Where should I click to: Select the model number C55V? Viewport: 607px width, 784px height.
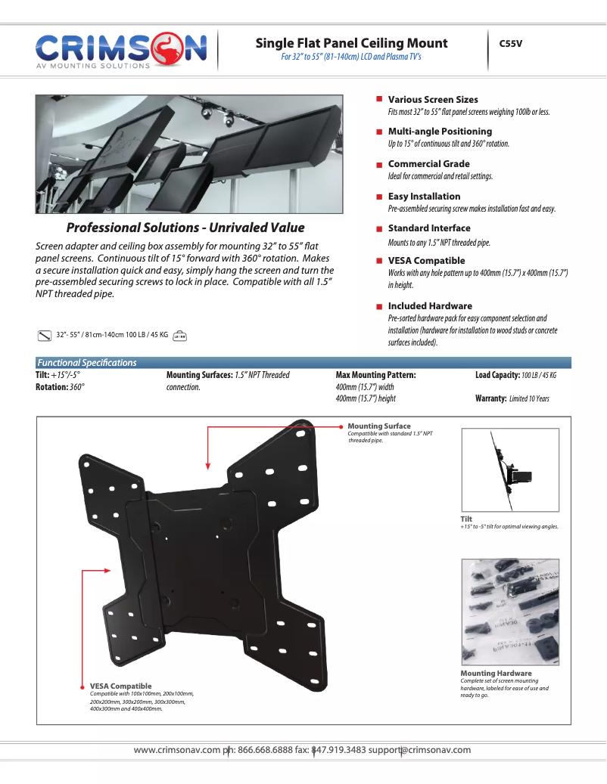511,44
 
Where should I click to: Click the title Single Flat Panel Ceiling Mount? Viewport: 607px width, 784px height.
351,43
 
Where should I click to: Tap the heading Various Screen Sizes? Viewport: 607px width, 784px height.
433,99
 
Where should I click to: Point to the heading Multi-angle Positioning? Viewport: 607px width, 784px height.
440,131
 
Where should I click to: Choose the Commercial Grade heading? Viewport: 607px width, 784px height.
428,163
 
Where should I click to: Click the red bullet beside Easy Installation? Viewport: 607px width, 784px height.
378,197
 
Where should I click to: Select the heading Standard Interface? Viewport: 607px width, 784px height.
429,228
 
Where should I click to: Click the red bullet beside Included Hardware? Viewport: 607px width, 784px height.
378,306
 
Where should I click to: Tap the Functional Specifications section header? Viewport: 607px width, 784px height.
87,363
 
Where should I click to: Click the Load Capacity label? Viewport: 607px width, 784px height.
497,375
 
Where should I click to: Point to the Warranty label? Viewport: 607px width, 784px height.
490,398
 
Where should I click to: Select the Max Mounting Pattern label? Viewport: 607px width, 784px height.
375,375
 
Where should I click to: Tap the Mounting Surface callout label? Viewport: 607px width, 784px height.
379,426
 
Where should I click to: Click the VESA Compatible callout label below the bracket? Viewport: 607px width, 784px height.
120,686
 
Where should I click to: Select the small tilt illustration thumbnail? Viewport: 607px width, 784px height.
510,470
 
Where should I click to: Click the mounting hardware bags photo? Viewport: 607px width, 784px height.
510,612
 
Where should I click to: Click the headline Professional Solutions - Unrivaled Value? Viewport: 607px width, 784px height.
185,228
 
